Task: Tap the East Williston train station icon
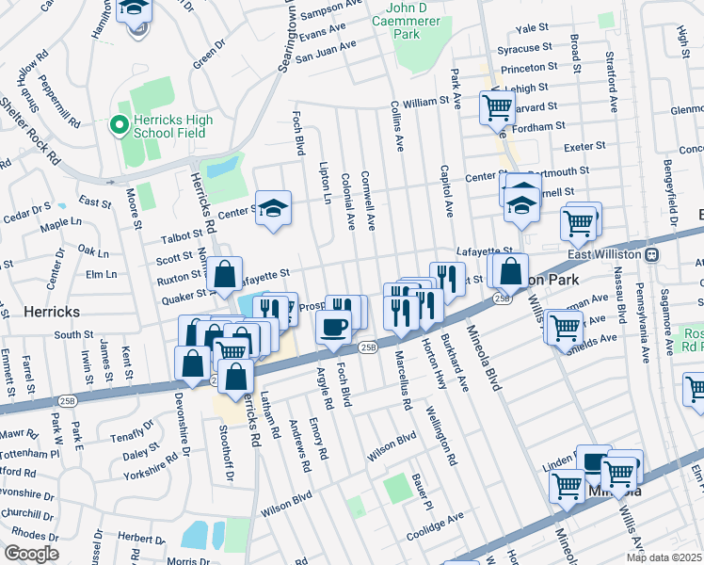point(650,254)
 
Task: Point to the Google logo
point(30,553)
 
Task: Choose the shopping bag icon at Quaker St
point(225,276)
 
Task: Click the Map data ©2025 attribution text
point(664,557)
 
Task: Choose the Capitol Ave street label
point(446,194)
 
